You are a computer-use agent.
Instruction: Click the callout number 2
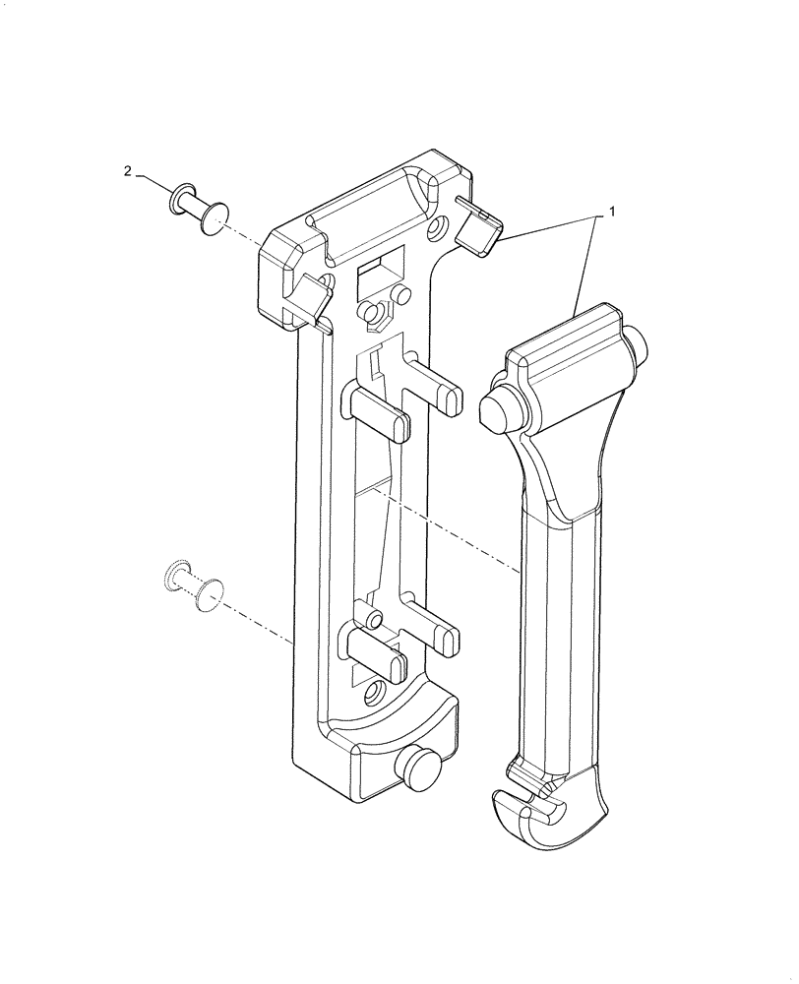127,171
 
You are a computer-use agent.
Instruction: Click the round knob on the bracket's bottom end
416,769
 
